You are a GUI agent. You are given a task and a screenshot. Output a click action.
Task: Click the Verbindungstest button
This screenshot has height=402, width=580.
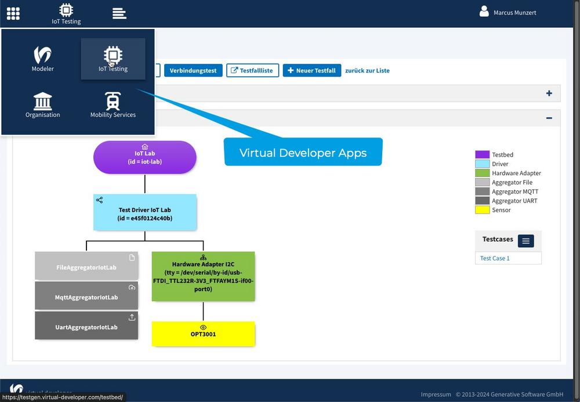pyautogui.click(x=193, y=70)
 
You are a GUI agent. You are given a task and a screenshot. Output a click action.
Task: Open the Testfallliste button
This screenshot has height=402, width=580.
pyautogui.click(x=253, y=70)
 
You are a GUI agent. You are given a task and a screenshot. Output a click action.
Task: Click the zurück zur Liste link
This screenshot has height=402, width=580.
pyautogui.click(x=367, y=70)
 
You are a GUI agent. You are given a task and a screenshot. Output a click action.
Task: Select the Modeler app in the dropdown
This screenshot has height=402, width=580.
pyautogui.click(x=42, y=59)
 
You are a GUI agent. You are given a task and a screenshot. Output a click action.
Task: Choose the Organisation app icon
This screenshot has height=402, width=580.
pyautogui.click(x=42, y=105)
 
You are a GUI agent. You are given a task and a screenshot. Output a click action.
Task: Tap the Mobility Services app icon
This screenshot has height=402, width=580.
pyautogui.click(x=113, y=105)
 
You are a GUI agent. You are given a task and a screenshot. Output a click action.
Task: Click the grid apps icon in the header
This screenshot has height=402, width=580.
pyautogui.click(x=13, y=13)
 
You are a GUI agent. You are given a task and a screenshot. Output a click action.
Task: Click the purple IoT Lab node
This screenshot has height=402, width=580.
pyautogui.click(x=144, y=157)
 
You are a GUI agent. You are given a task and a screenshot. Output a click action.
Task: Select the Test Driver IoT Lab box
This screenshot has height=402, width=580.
pyautogui.click(x=144, y=212)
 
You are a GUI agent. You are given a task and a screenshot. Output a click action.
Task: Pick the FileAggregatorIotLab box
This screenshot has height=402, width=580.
pyautogui.click(x=86, y=266)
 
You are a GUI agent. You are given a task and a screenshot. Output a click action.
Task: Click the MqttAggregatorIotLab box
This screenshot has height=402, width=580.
pyautogui.click(x=86, y=295)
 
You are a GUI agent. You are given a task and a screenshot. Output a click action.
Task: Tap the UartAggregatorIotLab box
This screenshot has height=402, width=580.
pyautogui.click(x=86, y=325)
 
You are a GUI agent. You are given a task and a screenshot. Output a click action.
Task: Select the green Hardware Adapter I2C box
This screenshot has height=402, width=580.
pyautogui.click(x=203, y=276)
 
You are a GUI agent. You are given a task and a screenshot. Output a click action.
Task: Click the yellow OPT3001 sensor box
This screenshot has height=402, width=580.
pyautogui.click(x=203, y=334)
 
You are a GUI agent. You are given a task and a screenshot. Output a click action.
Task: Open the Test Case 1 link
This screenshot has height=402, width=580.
pyautogui.click(x=495, y=258)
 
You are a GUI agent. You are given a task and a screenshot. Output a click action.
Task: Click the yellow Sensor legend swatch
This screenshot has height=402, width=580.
pyautogui.click(x=483, y=209)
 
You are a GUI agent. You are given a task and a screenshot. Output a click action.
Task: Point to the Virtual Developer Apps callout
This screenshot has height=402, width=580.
pyautogui.click(x=303, y=152)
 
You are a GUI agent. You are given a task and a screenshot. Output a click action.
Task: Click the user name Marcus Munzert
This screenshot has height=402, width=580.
pyautogui.click(x=514, y=13)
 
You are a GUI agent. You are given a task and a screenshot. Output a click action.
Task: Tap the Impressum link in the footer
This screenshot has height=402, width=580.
pyautogui.click(x=436, y=394)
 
